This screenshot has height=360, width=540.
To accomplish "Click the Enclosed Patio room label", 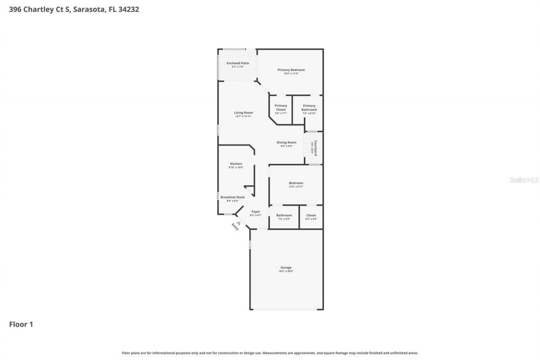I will coord(238,63).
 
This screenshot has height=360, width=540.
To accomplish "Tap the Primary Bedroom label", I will coord(291,70).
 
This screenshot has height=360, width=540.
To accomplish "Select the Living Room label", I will coord(243,113).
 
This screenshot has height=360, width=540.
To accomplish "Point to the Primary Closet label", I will coord(281,108).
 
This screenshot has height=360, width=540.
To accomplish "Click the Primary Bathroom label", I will coord(309,108).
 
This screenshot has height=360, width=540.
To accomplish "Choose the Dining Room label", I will coord(286,143).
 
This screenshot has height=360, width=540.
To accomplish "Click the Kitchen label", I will coord(236,164).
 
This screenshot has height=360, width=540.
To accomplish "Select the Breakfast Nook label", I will coord(232,197).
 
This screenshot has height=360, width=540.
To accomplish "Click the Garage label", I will coord(286,268).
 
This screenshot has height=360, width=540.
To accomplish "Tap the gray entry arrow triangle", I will coord(238,223).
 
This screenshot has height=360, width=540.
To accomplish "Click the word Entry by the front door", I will coord(235,227).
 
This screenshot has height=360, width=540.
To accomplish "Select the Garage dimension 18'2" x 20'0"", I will coord(286,271).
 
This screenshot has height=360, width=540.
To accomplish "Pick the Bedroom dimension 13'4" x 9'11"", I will coord(296,187).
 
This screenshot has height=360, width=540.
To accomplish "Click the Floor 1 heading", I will coord(21,324).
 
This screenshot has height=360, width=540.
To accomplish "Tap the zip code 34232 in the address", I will coord(128,9).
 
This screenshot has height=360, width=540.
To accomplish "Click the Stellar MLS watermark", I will coord(524,180).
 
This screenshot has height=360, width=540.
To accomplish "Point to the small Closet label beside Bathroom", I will coord(311,215).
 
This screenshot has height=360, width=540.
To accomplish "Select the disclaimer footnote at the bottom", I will coord(270,353).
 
